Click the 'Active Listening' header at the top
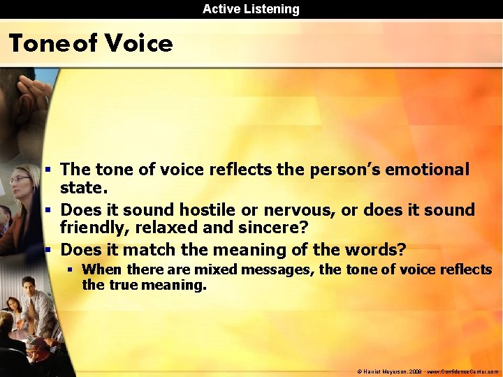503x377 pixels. pos(251,9)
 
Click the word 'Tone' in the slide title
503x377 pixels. pos(38,44)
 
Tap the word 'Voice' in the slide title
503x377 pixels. pos(138,44)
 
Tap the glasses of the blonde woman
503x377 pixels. pos(19,179)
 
